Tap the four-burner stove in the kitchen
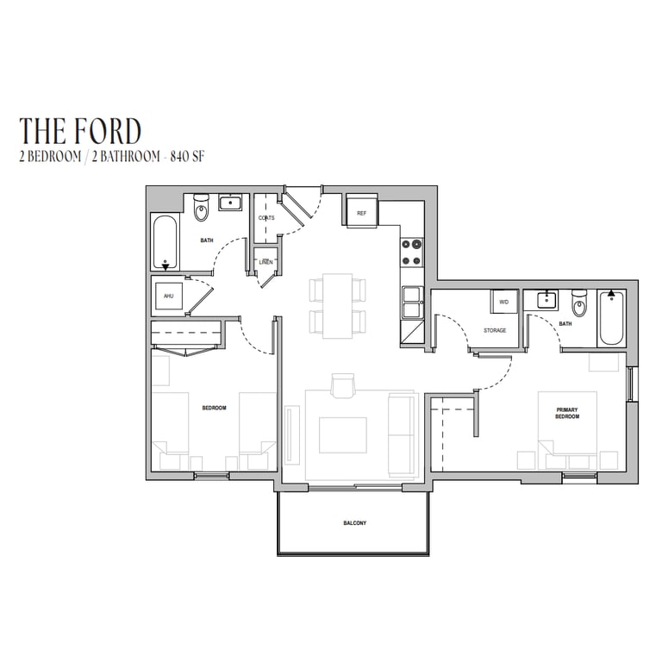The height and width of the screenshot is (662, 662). [412, 252]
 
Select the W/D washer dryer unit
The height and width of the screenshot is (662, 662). [503, 302]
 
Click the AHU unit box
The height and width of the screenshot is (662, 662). [169, 296]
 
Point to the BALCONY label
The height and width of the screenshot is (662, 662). [354, 523]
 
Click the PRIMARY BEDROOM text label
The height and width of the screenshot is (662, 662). [567, 413]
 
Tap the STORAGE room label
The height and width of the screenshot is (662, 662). [495, 331]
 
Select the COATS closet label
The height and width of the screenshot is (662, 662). [266, 218]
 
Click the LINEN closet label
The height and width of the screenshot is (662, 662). [266, 262]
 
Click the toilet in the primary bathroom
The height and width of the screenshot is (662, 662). [579, 303]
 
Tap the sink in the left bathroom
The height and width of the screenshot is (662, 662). [230, 203]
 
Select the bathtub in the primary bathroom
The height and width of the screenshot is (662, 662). [611, 318]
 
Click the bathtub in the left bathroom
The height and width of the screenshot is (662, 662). [165, 242]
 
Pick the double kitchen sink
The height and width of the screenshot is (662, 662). [412, 303]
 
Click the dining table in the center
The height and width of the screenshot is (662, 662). [338, 306]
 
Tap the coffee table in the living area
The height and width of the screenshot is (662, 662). [343, 434]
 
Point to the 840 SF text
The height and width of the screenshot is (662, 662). [187, 157]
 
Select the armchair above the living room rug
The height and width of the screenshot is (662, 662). [343, 385]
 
